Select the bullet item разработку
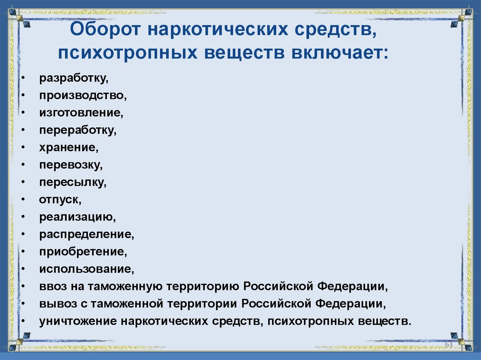(x=70, y=78)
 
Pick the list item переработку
(x=78, y=130)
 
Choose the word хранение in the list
(x=69, y=147)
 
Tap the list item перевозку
(x=70, y=165)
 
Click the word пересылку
(x=73, y=182)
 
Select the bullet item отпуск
(x=60, y=199)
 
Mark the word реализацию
(x=77, y=217)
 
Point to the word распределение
(x=87, y=234)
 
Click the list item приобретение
(x=83, y=252)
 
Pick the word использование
(x=86, y=269)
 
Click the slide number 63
(x=448, y=345)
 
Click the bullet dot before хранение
(x=23, y=147)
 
